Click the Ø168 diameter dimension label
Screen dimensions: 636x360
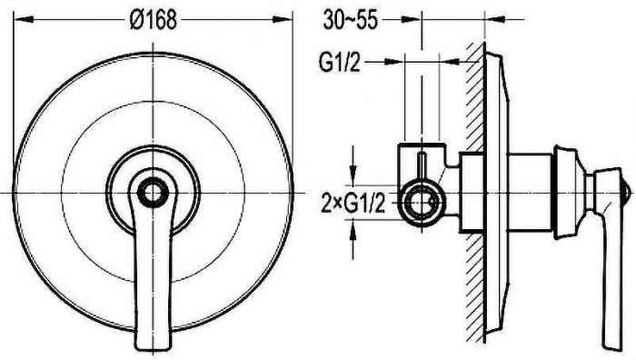click(153, 19)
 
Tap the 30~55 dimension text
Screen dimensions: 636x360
click(350, 20)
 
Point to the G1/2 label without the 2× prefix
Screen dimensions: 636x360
click(340, 62)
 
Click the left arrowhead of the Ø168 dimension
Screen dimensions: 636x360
click(24, 19)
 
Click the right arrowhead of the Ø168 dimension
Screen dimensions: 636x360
click(283, 19)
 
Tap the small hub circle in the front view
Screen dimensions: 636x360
click(153, 193)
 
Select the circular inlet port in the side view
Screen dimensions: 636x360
click(422, 202)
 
